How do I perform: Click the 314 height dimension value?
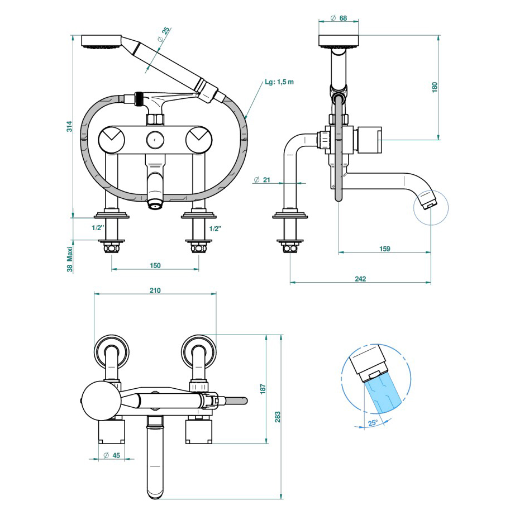tap(68, 127)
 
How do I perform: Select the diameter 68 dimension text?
tap(339, 18)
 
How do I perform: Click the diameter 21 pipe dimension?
tap(262, 179)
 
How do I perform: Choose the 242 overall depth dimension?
tap(360, 278)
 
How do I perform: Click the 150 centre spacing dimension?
tap(155, 265)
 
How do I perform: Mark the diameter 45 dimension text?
tap(112, 456)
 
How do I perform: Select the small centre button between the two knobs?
tap(155, 137)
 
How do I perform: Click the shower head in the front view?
tap(101, 42)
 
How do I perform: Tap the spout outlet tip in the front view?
tap(155, 205)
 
